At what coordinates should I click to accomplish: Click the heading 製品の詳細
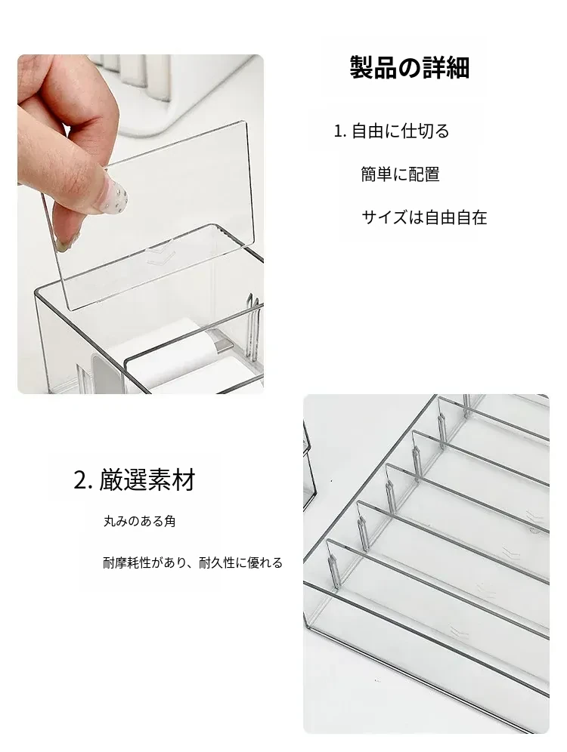(x=409, y=67)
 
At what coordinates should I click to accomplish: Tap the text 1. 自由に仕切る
(x=392, y=131)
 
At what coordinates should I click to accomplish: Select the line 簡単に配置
(x=400, y=174)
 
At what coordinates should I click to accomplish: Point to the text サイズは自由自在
(x=424, y=217)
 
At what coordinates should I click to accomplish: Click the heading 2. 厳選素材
(x=135, y=480)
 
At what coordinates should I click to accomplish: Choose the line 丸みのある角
(x=140, y=521)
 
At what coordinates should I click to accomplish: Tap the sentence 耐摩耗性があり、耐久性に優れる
(x=193, y=562)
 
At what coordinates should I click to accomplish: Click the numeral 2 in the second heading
(x=80, y=481)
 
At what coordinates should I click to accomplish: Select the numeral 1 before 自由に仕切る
(x=339, y=131)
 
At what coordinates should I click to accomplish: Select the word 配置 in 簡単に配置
(x=424, y=174)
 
